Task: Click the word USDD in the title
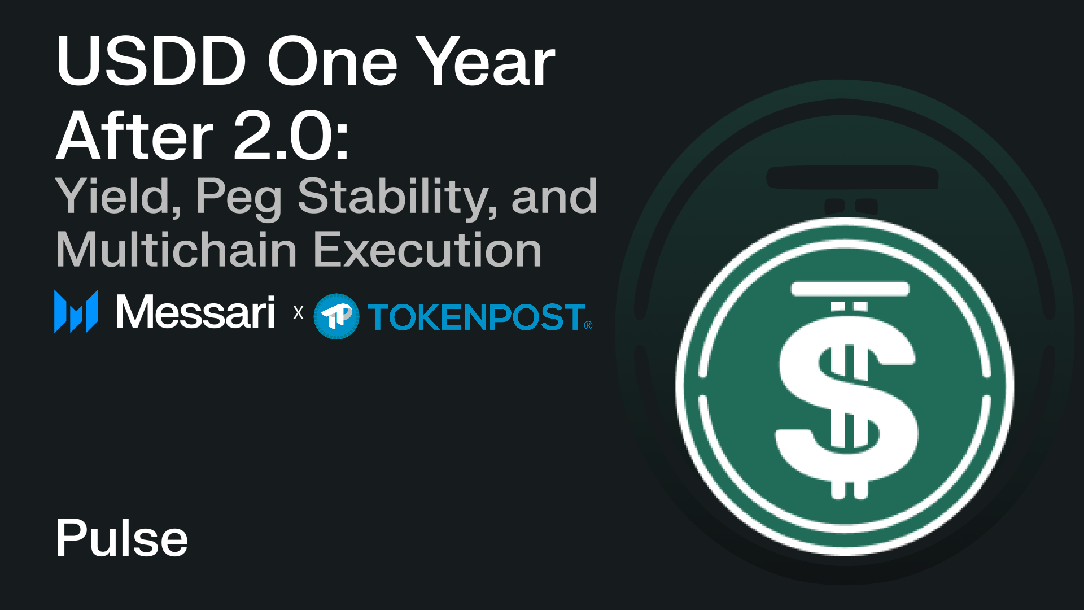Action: coord(151,61)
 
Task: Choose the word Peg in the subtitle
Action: coord(239,199)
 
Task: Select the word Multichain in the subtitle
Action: coord(177,249)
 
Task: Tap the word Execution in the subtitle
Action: coord(427,249)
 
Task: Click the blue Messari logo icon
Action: coord(76,311)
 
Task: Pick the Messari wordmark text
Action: coord(195,312)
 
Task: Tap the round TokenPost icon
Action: coord(336,316)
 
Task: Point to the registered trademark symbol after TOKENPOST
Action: coord(588,325)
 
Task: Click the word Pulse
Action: coord(122,538)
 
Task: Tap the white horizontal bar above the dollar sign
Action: coord(850,289)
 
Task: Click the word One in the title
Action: coord(333,61)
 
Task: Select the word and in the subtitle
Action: coord(554,197)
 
